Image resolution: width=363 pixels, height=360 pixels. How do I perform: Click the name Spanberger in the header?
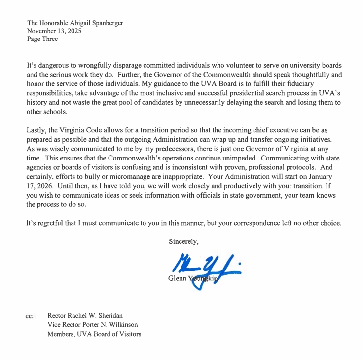(x=105, y=23)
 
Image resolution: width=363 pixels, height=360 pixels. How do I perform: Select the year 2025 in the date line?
(x=73, y=31)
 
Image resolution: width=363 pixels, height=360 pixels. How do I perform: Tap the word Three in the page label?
(x=49, y=39)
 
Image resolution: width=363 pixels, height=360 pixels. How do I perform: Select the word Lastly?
(x=37, y=130)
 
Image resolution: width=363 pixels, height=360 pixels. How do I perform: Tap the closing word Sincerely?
(x=183, y=242)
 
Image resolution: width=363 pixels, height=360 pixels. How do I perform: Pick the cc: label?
(x=30, y=316)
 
